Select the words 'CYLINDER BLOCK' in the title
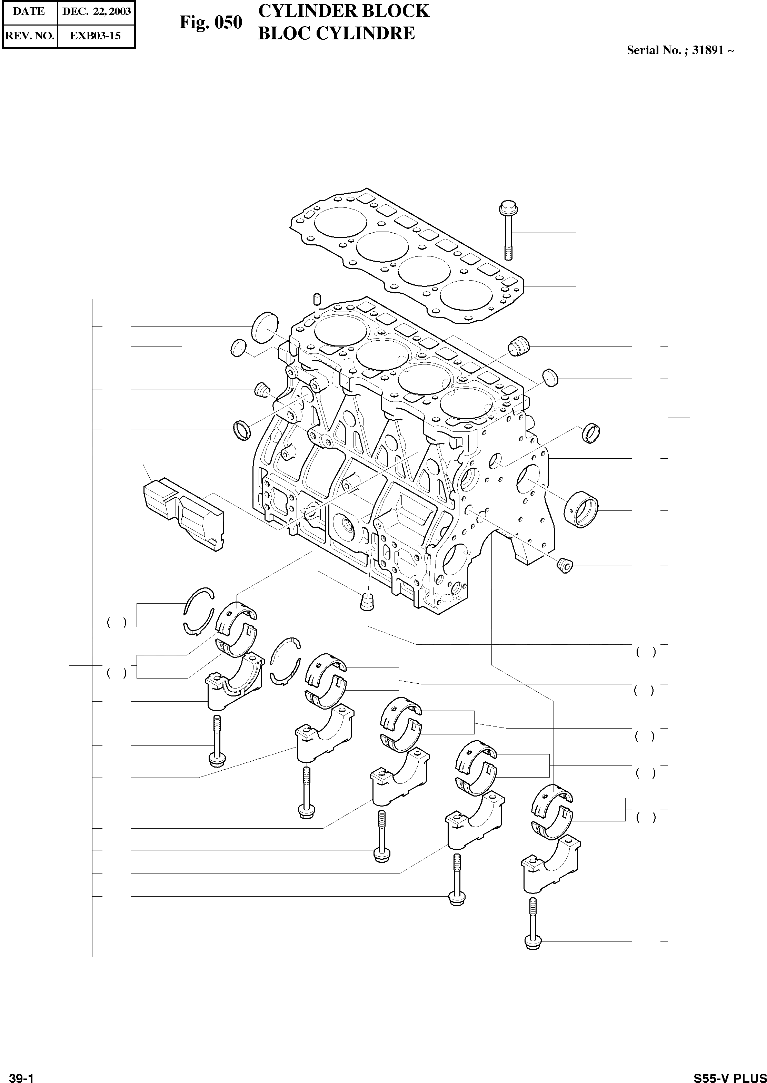[344, 11]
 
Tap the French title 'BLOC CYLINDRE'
[336, 33]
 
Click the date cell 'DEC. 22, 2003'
[96, 12]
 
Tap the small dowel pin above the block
[317, 300]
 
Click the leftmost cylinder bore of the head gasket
[340, 222]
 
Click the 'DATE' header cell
[29, 12]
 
